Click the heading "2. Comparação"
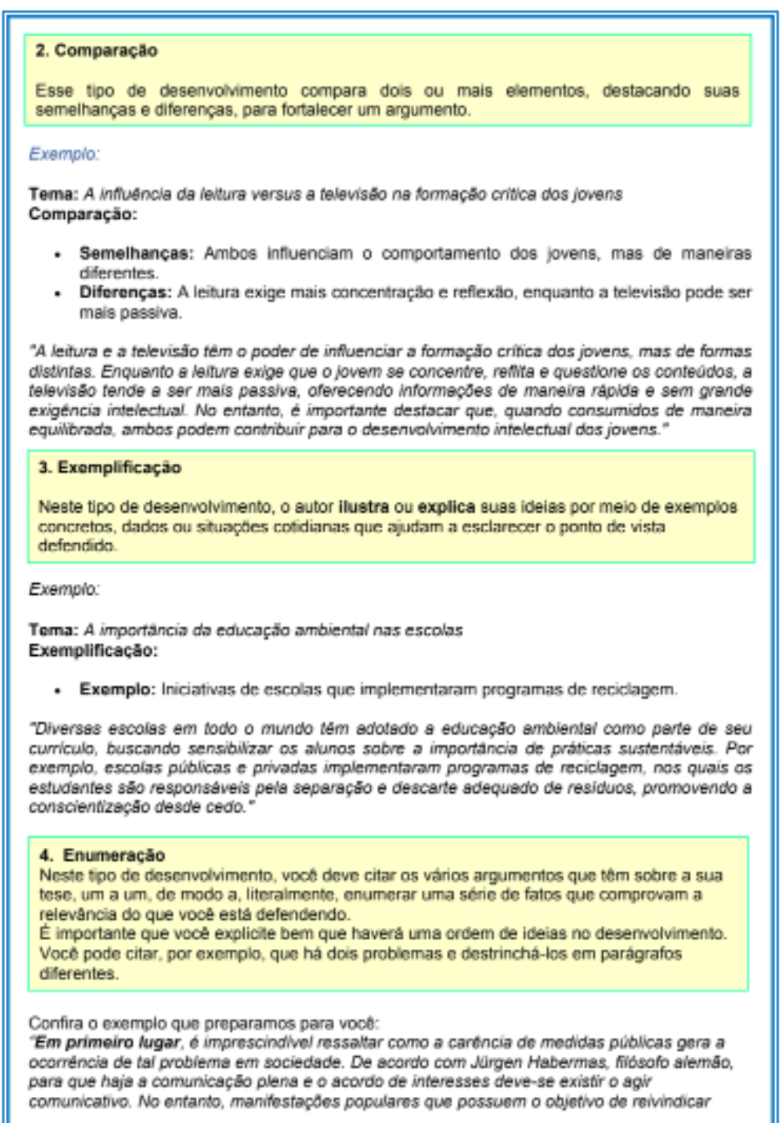click(96, 50)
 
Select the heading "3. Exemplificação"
click(109, 467)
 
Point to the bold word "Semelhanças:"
click(136, 253)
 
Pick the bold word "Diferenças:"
click(125, 292)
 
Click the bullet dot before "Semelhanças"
click(58, 254)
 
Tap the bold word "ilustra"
click(363, 506)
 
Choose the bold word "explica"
click(446, 506)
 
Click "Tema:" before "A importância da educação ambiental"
click(53, 630)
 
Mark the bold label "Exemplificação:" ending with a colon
click(93, 650)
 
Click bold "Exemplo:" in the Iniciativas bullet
click(117, 689)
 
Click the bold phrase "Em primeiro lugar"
click(108, 1043)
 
